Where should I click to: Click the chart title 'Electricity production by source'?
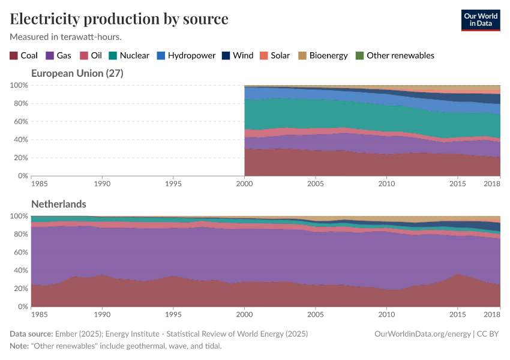(119, 19)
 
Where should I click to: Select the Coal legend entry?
(23, 55)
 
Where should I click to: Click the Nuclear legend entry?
(128, 55)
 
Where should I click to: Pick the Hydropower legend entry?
(186, 55)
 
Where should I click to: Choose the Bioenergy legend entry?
(323, 55)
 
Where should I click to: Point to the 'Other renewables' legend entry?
(394, 55)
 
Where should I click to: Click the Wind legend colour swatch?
(226, 55)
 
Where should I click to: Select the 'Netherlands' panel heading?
(58, 204)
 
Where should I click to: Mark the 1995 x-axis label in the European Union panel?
(173, 182)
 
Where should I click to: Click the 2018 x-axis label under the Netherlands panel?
(492, 313)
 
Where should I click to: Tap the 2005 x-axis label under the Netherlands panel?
(315, 313)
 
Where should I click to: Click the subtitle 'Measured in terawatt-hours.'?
(65, 37)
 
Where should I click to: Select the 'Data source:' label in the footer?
(31, 334)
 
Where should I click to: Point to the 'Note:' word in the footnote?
(20, 346)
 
